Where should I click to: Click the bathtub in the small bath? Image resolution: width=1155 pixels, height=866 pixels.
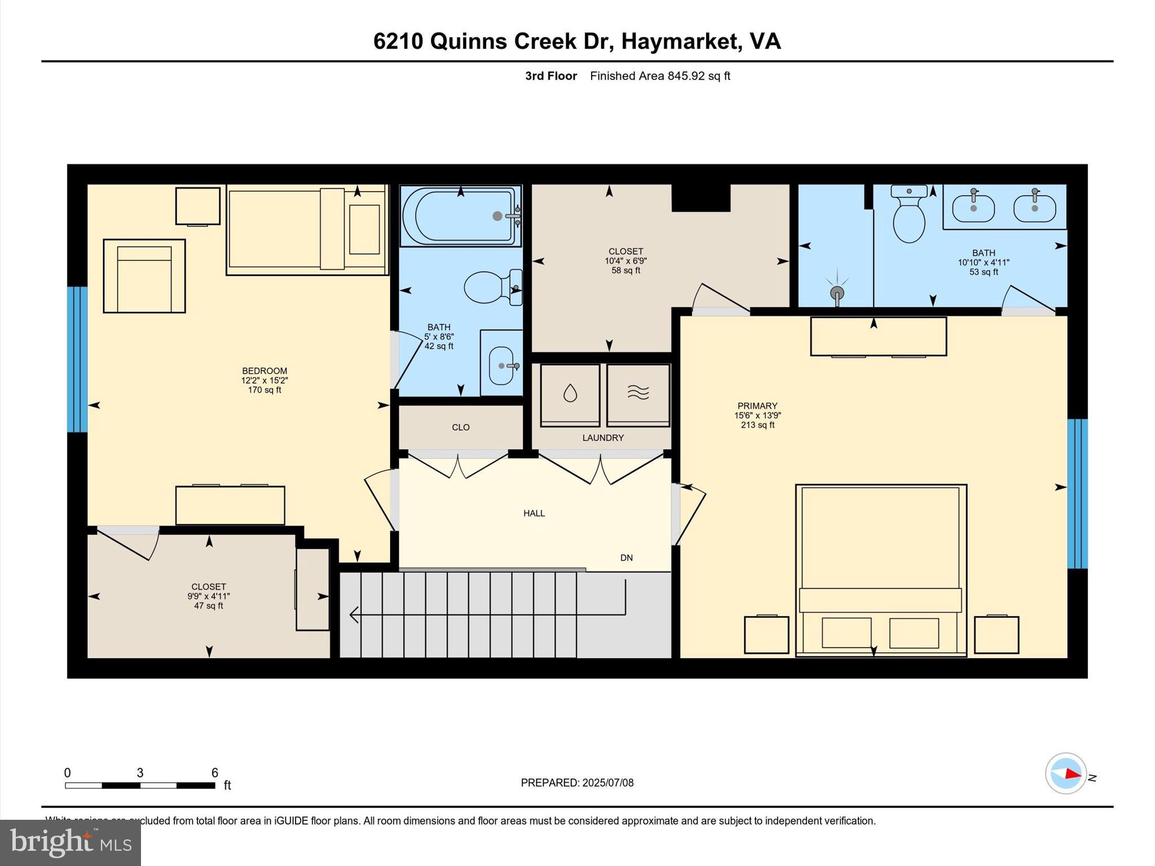460,216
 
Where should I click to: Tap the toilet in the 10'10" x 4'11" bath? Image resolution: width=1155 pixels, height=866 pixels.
909,216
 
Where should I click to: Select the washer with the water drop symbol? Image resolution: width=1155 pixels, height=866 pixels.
570,394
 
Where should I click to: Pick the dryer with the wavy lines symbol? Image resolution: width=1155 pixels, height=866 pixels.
638,394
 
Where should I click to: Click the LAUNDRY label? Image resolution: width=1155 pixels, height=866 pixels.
603,438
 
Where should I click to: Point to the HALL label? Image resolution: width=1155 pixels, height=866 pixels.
534,513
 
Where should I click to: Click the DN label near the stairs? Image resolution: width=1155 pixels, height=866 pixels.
626,558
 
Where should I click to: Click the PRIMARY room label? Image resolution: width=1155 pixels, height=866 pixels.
757,406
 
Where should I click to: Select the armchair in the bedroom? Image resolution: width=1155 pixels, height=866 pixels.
144,276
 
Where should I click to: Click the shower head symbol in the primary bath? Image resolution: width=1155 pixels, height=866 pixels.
837,293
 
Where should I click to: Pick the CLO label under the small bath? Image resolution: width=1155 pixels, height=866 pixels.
460,427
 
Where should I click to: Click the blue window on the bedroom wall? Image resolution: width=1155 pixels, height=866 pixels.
77,359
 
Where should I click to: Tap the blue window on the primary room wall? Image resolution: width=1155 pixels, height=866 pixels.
1077,493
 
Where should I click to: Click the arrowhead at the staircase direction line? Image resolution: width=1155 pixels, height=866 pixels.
354,614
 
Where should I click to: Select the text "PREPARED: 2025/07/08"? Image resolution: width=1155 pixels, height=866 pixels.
577,783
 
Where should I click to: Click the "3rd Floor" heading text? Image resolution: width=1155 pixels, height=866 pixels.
551,76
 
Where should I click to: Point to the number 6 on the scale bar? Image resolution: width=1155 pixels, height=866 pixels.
214,773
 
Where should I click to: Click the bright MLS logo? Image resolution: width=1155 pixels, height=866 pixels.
70,842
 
